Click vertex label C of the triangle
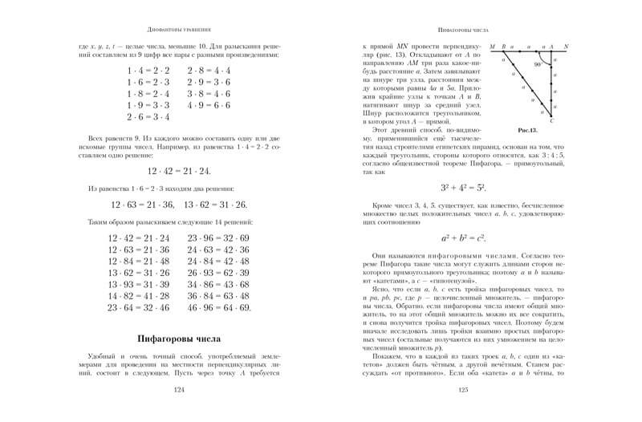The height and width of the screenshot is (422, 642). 563,120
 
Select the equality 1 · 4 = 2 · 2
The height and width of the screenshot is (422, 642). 144,71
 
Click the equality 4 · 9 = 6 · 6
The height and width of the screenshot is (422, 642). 208,105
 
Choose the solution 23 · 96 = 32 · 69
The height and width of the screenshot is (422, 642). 217,239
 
